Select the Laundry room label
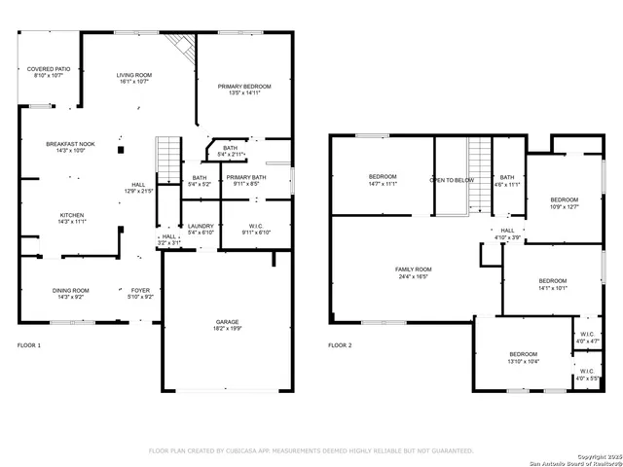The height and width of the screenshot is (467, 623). (x=201, y=229)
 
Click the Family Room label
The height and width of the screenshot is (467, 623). (x=413, y=272)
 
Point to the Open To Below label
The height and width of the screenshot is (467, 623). (x=452, y=180)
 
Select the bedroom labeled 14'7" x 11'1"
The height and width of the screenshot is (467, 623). (x=382, y=179)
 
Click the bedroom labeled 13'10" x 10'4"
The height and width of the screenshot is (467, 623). (x=523, y=357)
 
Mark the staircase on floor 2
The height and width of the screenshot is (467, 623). (x=479, y=175)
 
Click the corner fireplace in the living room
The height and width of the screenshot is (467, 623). (x=180, y=45)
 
